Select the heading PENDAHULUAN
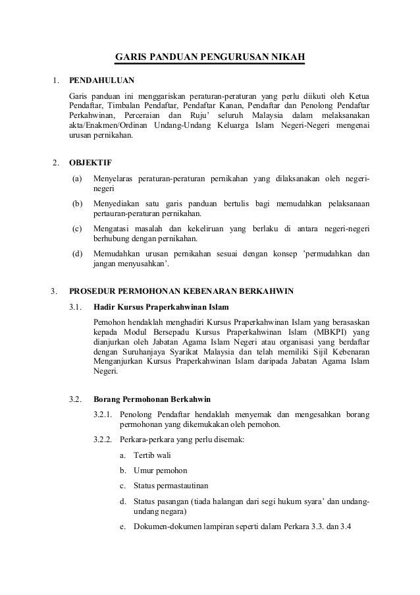coord(101,81)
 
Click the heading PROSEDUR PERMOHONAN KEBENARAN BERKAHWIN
coord(182,291)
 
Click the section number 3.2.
coord(76,399)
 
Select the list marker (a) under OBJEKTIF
coord(78,178)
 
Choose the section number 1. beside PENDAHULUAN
coord(56,81)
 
